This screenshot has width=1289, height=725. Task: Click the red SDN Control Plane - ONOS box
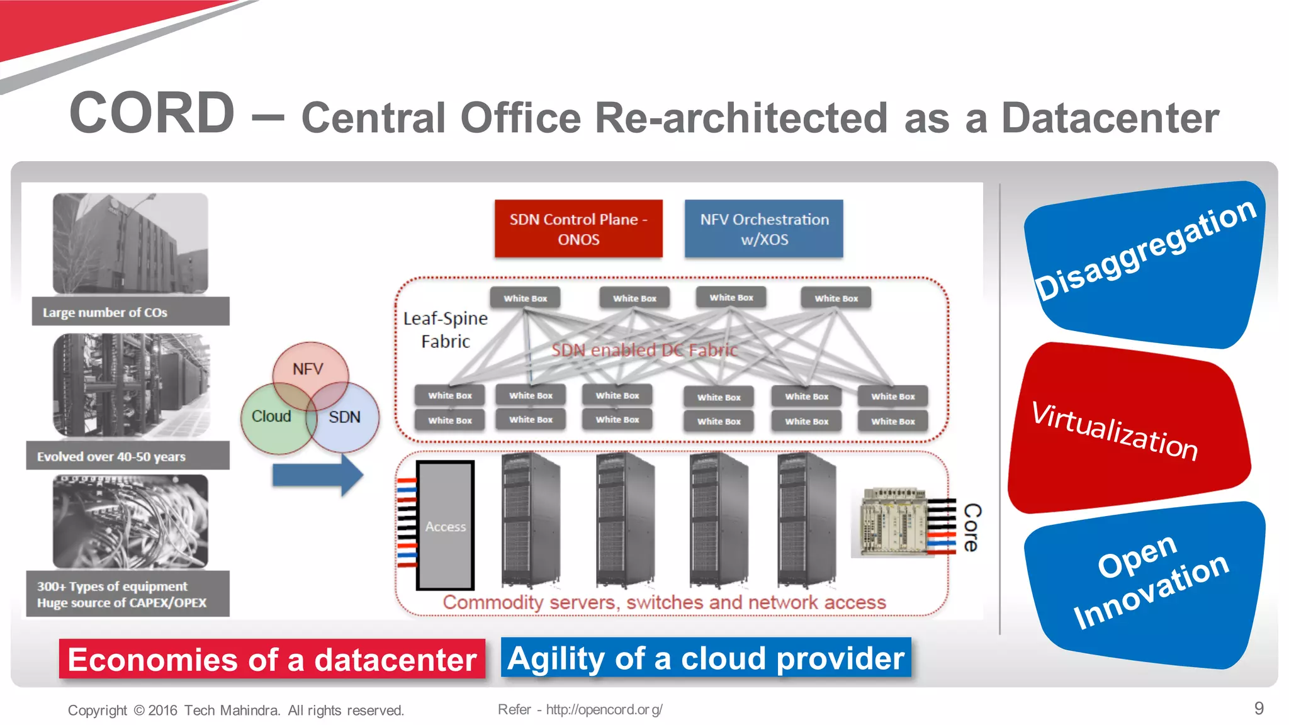tap(578, 229)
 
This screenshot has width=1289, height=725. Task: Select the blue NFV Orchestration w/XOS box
tap(763, 229)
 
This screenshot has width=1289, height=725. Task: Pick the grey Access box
tap(445, 526)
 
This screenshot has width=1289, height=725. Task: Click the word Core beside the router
tap(972, 527)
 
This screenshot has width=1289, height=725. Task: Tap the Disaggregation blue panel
tap(1144, 264)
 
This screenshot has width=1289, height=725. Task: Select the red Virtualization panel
tap(1127, 428)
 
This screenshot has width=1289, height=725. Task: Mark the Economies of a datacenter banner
tap(272, 660)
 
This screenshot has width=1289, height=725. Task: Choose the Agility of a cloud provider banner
tap(706, 658)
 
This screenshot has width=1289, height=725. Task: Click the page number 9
tap(1259, 709)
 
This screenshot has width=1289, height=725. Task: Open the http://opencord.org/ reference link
tap(604, 710)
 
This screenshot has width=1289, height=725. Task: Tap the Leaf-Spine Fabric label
tap(446, 330)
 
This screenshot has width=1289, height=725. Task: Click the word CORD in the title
tap(152, 113)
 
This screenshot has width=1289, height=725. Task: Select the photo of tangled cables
tap(130, 522)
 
